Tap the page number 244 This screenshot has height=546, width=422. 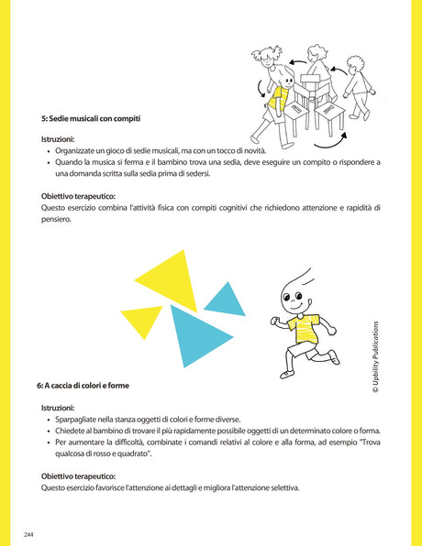click(29, 533)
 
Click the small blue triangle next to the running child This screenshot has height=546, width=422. click(226, 300)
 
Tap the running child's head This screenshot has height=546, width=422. click(292, 292)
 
